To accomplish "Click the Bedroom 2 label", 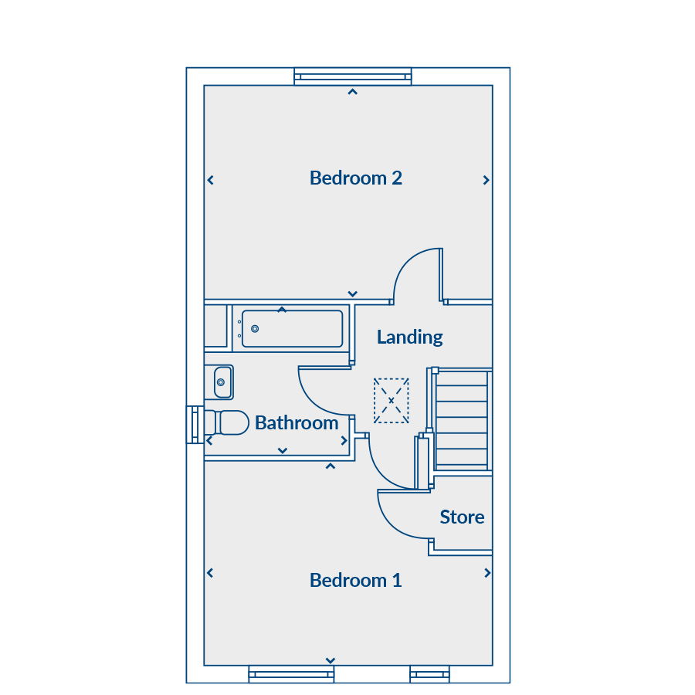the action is click(356, 178).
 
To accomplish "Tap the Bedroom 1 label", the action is click(356, 580).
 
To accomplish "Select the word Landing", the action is click(409, 337).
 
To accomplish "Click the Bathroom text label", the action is click(297, 423).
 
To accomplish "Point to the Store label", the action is click(462, 517).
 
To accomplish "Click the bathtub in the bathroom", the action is click(292, 328).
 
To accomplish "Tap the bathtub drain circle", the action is click(255, 329).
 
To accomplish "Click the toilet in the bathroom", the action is click(226, 422).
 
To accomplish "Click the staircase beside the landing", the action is click(462, 419).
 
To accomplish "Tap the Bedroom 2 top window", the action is click(353, 76).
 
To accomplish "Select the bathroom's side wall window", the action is click(195, 425).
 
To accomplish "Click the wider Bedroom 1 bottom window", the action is click(291, 674).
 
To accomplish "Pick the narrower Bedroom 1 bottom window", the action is click(429, 674).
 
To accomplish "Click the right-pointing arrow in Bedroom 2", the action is click(486, 180).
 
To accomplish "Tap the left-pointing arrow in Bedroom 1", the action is click(210, 573).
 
